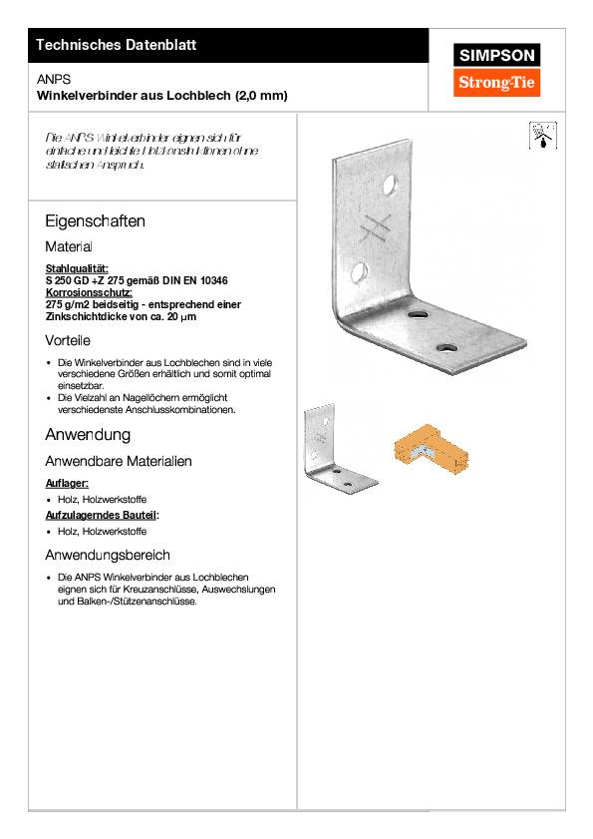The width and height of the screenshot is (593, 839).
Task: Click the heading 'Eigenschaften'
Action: click(x=96, y=220)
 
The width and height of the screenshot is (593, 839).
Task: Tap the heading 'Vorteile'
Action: click(x=69, y=341)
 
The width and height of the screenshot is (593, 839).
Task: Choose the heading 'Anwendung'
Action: click(x=88, y=436)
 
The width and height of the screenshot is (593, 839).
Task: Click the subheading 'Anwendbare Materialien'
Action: click(x=119, y=462)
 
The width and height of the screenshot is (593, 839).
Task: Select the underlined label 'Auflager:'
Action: click(x=67, y=483)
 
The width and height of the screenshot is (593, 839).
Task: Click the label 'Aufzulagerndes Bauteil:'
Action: click(x=103, y=515)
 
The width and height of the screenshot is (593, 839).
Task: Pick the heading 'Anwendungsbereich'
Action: click(x=108, y=555)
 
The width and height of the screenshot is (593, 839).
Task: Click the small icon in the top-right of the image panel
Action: click(x=539, y=136)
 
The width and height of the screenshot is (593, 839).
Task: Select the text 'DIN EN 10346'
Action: click(x=208, y=280)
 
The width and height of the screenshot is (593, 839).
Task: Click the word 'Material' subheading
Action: click(x=69, y=245)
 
